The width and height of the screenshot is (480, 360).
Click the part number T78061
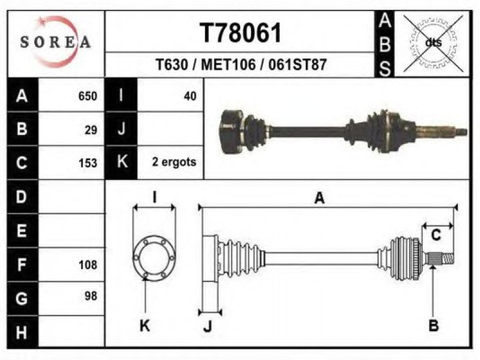[x=241, y=33]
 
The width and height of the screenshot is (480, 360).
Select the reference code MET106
[x=228, y=65]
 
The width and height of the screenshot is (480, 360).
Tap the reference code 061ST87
[x=298, y=65]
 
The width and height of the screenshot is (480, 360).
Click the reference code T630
[x=172, y=65]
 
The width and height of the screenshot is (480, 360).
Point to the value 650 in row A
[x=88, y=96]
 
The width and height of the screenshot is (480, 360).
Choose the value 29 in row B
[x=91, y=130]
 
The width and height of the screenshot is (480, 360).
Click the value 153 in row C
[x=88, y=163]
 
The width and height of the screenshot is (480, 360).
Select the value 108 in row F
[x=88, y=265]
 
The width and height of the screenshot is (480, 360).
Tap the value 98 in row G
[x=91, y=296]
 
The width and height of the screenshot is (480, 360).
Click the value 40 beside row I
[x=190, y=96]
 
